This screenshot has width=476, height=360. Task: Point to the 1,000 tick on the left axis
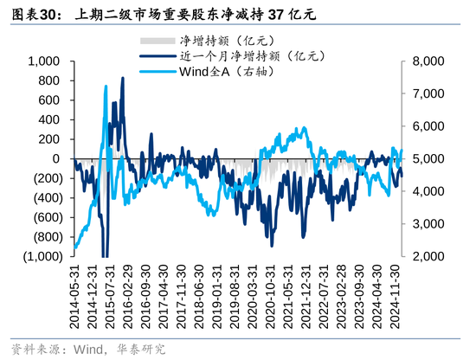coord(43,61)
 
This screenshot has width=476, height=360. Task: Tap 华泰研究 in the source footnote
coord(140,350)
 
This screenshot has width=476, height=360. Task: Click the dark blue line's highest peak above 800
coord(122,78)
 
